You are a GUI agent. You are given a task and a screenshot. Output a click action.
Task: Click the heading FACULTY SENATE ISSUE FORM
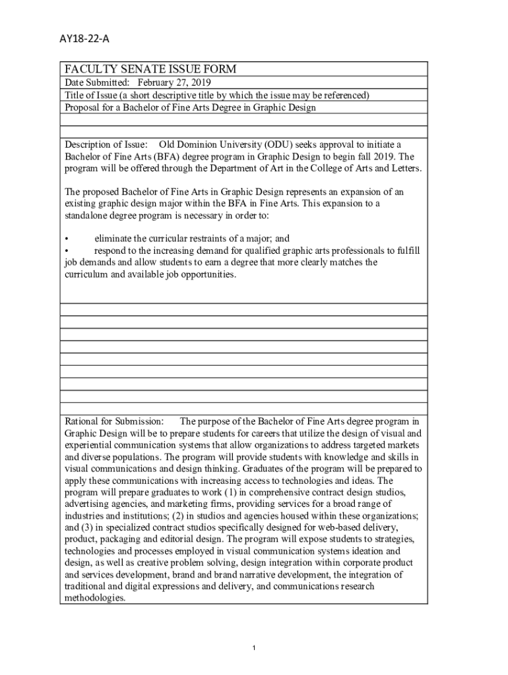[x=150, y=70]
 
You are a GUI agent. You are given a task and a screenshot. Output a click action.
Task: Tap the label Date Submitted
[x=96, y=82]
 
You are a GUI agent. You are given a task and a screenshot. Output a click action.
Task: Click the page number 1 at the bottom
[x=254, y=649]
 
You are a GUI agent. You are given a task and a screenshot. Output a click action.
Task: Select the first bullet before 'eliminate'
[x=67, y=239]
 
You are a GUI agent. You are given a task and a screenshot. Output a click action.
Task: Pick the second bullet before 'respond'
[x=67, y=250]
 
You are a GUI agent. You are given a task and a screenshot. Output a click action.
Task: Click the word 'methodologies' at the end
[x=94, y=599]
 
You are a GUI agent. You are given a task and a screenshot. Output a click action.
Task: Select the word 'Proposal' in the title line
[x=83, y=107]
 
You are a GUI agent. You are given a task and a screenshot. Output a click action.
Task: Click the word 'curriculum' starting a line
[x=85, y=274]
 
